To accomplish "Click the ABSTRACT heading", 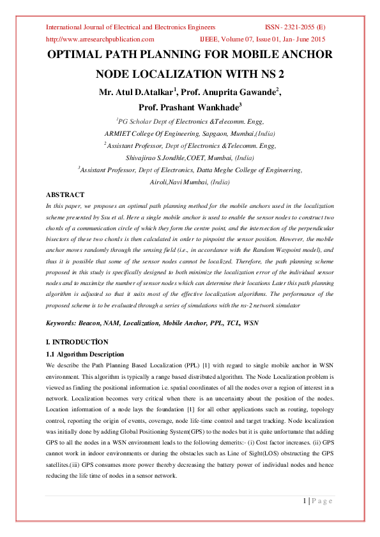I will point(65,194).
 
